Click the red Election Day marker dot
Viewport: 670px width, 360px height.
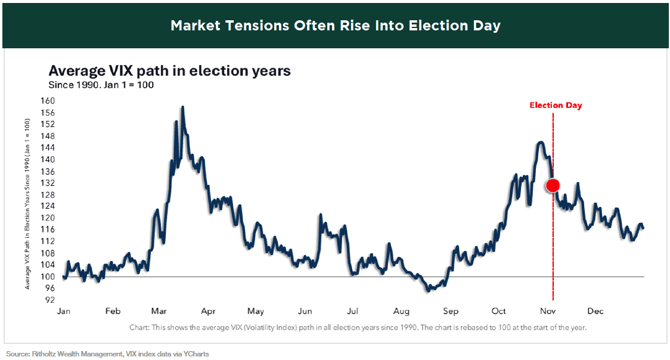(553, 185)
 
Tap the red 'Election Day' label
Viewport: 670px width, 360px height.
(556, 105)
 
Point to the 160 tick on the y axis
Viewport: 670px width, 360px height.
(46, 101)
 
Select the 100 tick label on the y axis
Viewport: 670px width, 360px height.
(46, 277)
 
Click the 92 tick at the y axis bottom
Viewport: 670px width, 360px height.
(49, 300)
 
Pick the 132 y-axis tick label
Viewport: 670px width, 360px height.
(46, 183)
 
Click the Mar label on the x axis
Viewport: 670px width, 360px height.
(159, 311)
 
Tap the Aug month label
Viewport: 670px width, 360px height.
(401, 311)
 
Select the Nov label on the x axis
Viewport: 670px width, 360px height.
(548, 311)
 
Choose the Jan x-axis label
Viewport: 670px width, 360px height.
(64, 311)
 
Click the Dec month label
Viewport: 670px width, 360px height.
(595, 311)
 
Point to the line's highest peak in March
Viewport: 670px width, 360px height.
(182, 107)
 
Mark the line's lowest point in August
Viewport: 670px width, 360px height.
(428, 291)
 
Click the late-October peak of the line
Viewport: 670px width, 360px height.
(541, 142)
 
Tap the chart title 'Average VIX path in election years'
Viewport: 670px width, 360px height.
(169, 71)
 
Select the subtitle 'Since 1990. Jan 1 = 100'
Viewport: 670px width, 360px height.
(101, 85)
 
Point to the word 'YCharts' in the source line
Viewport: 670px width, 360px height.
(195, 354)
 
